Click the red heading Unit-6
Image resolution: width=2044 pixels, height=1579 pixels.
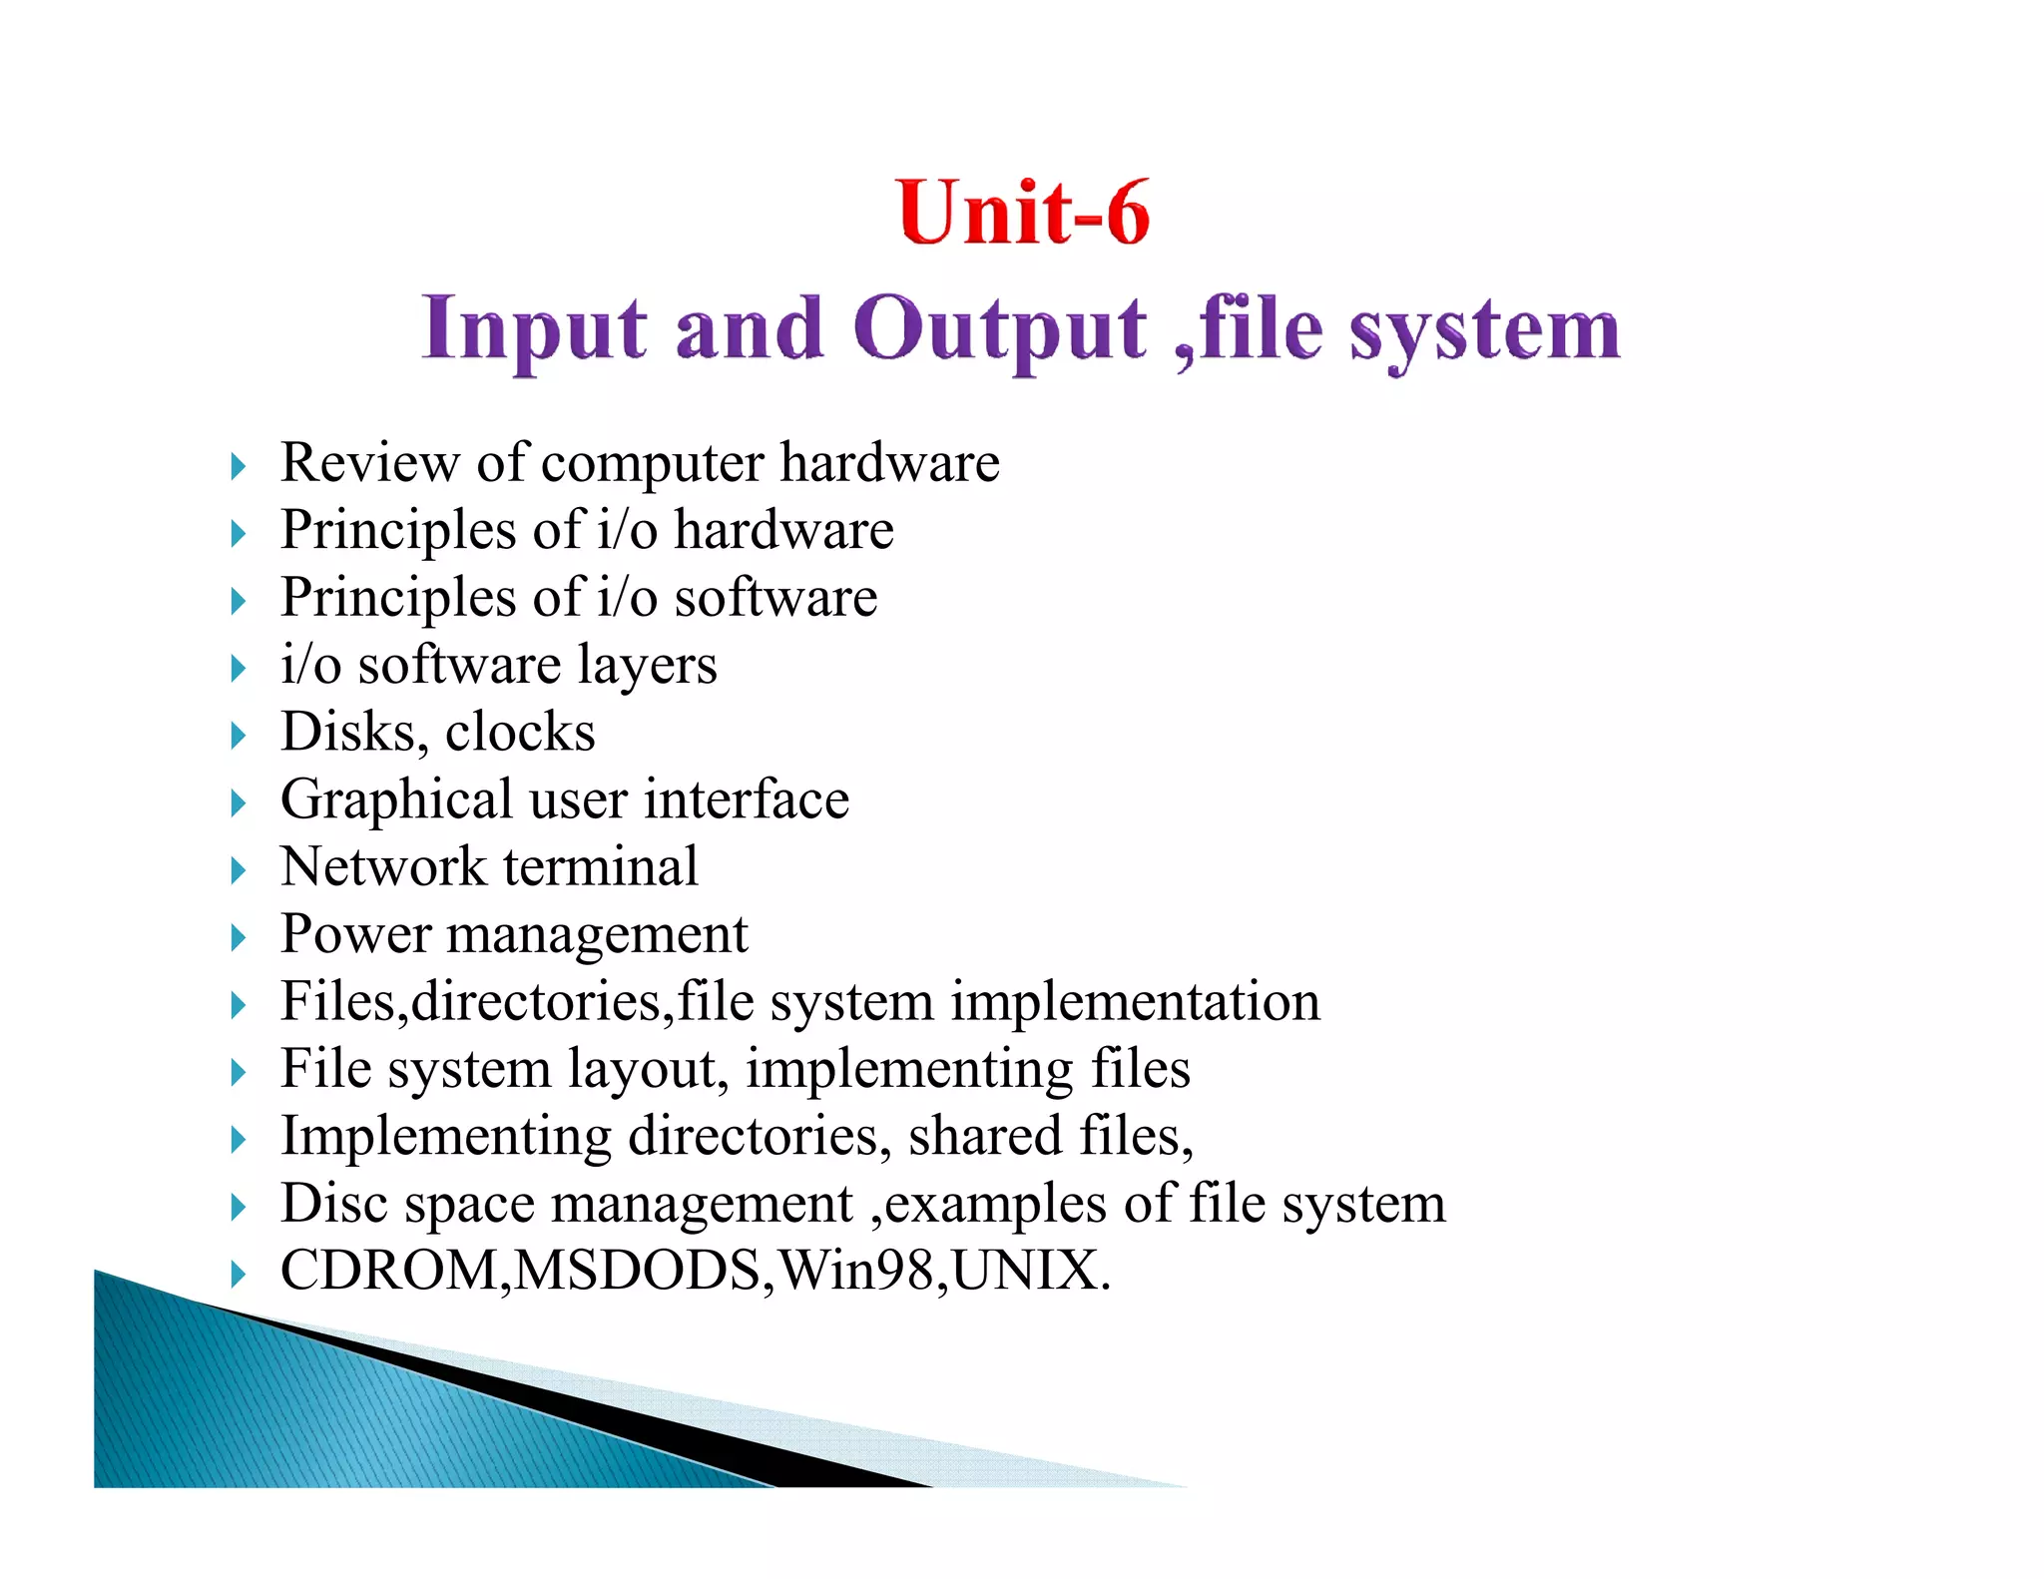(1023, 213)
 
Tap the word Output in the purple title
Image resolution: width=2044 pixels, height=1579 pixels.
(1000, 329)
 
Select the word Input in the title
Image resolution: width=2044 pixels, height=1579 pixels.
(534, 329)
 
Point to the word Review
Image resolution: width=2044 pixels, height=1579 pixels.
(369, 463)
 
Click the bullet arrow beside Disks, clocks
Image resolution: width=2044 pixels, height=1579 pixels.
(238, 736)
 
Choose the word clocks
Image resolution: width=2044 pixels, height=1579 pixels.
(520, 732)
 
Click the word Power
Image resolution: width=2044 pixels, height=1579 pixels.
(355, 934)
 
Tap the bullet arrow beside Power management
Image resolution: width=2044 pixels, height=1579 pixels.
(238, 937)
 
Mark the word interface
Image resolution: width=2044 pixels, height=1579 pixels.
(747, 800)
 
